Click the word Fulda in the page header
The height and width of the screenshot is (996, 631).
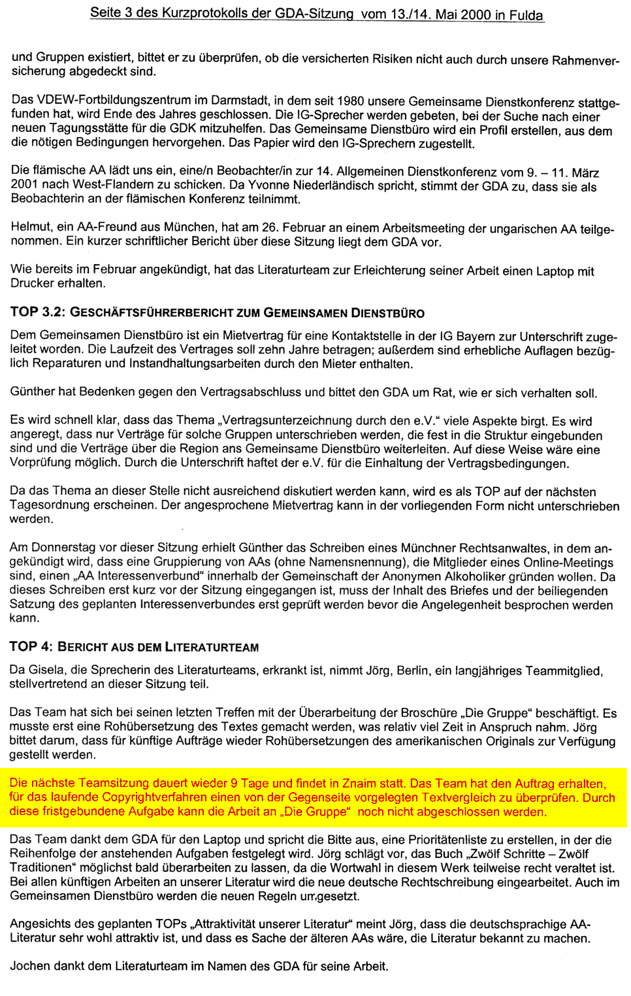tap(526, 15)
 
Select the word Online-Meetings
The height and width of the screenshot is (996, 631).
tap(570, 563)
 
